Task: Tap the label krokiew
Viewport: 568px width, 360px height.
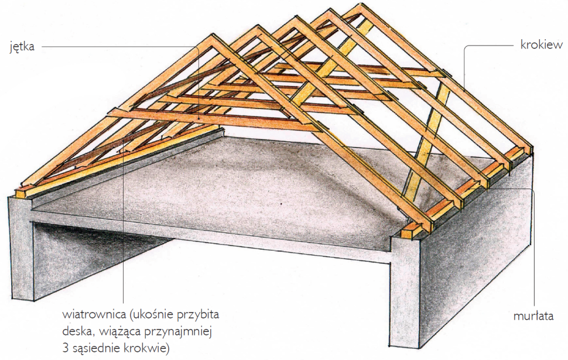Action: click(539, 44)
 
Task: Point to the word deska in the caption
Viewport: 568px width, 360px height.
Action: click(75, 332)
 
